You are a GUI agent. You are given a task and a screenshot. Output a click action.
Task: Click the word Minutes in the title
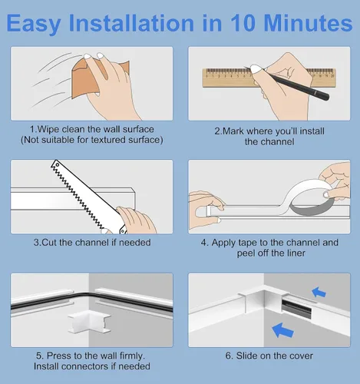click(x=308, y=23)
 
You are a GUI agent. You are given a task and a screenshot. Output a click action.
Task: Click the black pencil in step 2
click(x=286, y=82)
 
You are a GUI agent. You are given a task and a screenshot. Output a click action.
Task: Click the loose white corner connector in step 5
click(x=89, y=321)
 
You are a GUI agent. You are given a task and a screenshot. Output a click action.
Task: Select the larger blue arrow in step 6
click(x=282, y=330)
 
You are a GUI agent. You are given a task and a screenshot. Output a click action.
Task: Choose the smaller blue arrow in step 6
click(x=319, y=292)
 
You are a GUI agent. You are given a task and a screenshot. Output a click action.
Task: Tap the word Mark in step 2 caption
click(x=233, y=131)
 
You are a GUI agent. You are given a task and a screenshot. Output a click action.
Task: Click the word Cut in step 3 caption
click(x=49, y=243)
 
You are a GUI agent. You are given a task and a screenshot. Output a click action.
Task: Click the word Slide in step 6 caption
click(x=246, y=356)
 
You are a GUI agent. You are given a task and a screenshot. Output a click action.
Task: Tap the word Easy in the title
click(x=34, y=24)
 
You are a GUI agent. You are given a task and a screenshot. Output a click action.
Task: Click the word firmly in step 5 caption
click(x=132, y=356)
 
